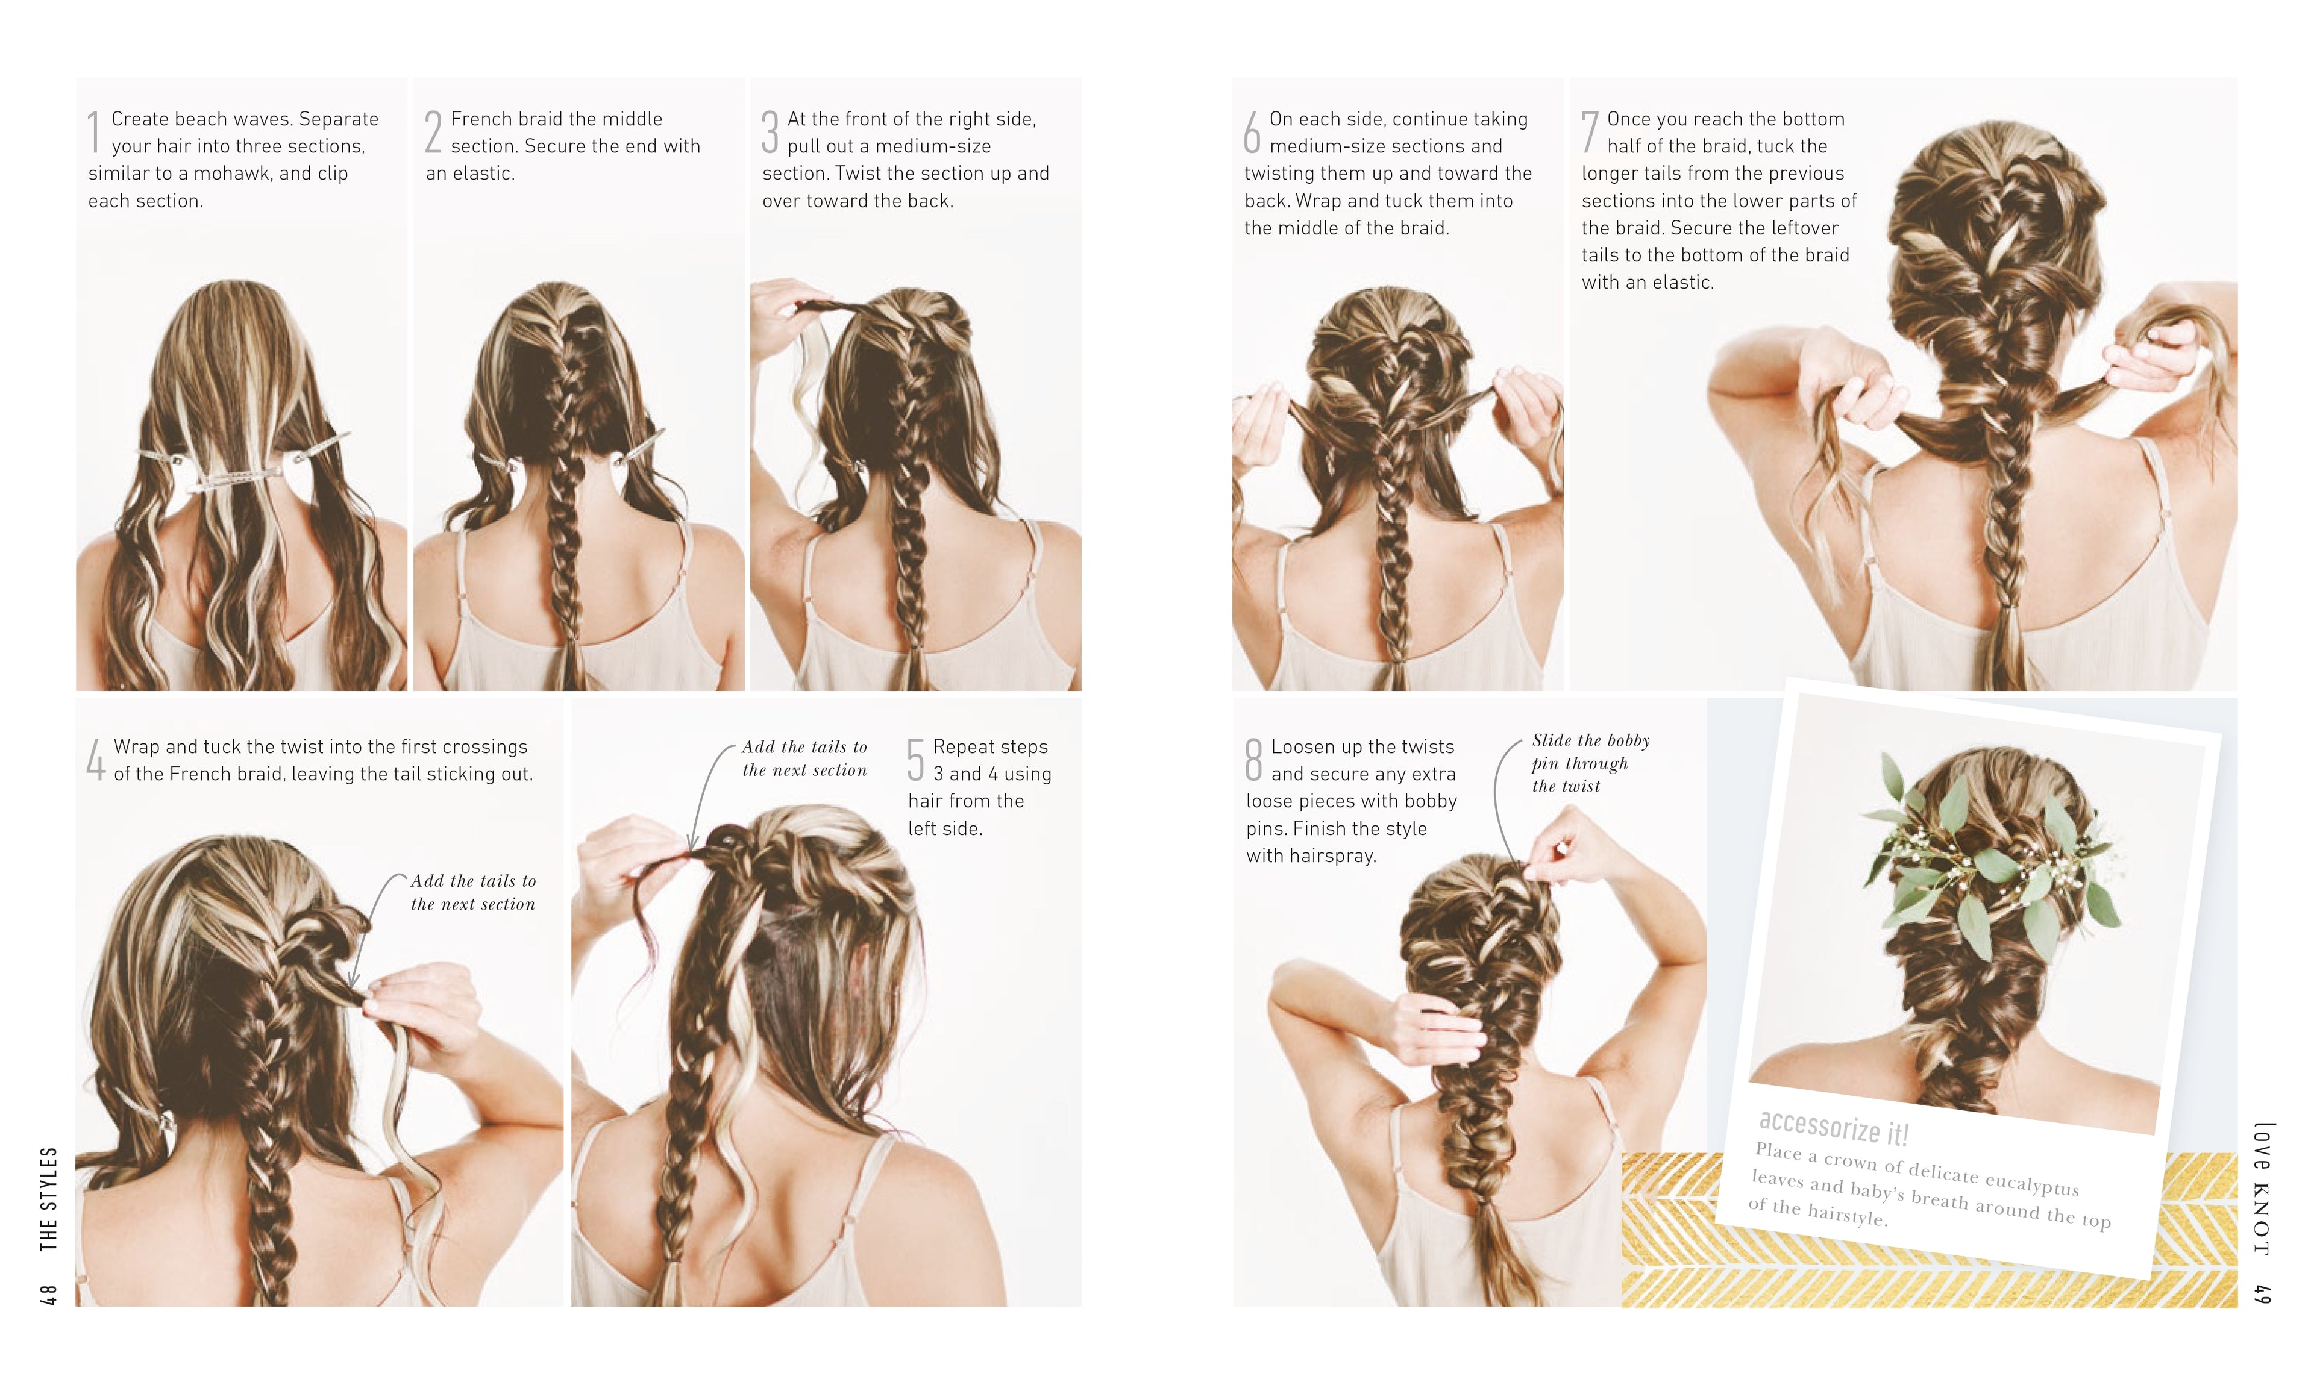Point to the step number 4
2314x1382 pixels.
[x=95, y=759]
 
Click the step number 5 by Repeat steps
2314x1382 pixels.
[x=916, y=759]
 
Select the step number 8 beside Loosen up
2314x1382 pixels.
[x=1254, y=759]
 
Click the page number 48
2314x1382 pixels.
[x=48, y=1295]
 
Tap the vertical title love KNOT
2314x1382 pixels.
[x=2262, y=1189]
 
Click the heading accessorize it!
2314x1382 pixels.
[x=1833, y=1129]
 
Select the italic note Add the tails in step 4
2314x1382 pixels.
[x=472, y=892]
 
